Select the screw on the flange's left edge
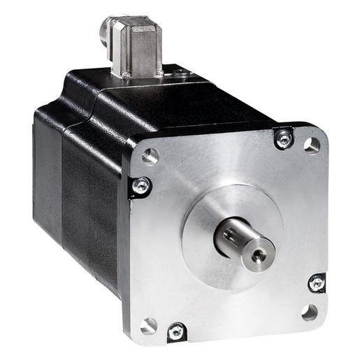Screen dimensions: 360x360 pyautogui.click(x=141, y=186)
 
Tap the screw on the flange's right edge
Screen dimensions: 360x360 pyautogui.click(x=317, y=283)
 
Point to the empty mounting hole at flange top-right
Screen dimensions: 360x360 pyautogui.click(x=312, y=145)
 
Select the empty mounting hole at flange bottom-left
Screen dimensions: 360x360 pyautogui.click(x=148, y=325)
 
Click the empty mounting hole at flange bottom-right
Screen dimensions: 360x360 pyautogui.click(x=310, y=312)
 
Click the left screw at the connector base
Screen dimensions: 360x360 pyautogui.click(x=126, y=74)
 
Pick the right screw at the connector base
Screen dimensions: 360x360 pyautogui.click(x=159, y=71)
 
